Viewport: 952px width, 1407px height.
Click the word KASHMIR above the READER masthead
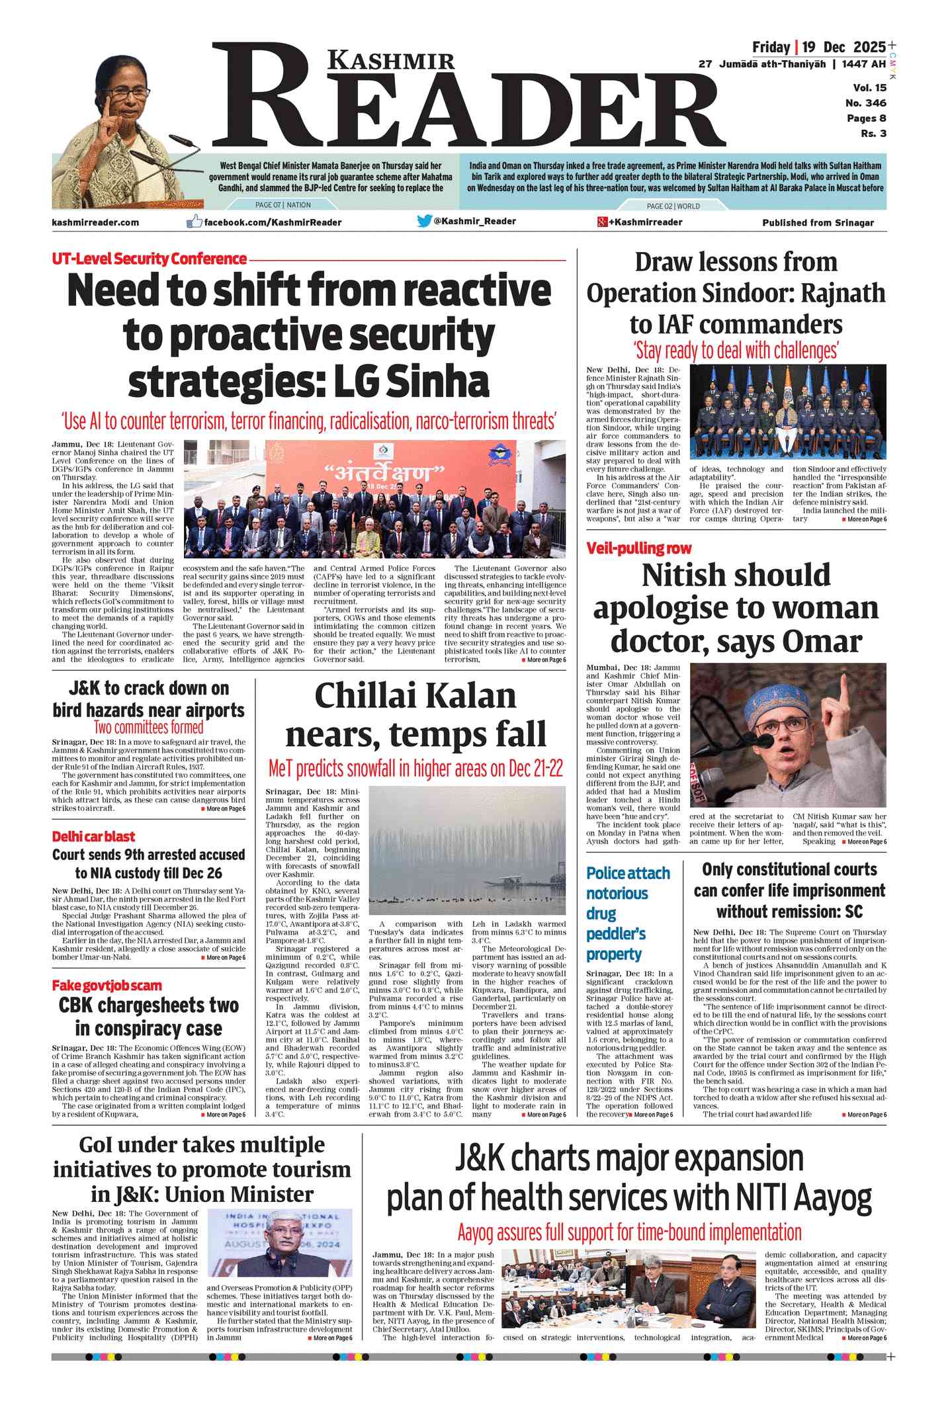392,61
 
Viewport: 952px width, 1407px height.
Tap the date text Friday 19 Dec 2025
818,47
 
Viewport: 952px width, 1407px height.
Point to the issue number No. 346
865,103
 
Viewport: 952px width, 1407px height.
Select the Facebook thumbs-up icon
194,222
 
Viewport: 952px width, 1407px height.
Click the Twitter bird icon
424,221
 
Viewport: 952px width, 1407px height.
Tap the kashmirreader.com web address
95,222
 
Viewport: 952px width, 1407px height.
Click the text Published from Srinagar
818,222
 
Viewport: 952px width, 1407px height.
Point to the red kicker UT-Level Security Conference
149,259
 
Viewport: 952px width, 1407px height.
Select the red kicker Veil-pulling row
638,548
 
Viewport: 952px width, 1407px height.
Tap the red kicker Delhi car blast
93,836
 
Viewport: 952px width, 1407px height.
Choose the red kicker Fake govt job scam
107,986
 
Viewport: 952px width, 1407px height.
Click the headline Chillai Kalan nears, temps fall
415,715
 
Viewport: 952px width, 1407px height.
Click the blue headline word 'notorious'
617,893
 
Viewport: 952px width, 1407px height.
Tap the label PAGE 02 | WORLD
673,206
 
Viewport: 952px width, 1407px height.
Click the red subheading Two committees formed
148,728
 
